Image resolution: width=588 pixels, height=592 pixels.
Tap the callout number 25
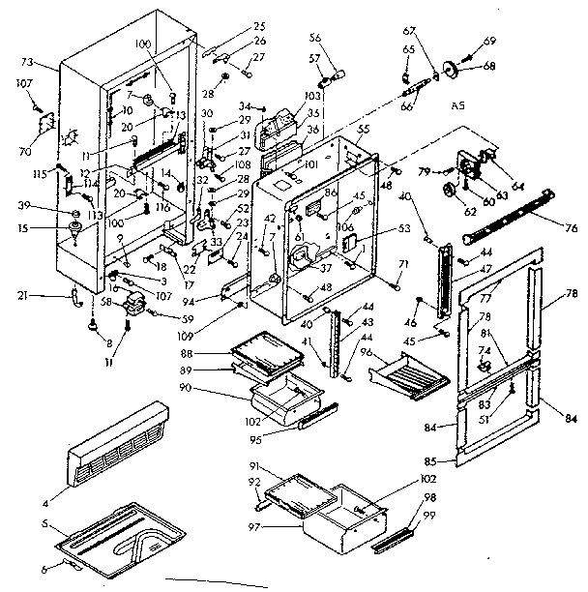point(232,24)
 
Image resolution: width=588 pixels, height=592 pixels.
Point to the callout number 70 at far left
point(26,152)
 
